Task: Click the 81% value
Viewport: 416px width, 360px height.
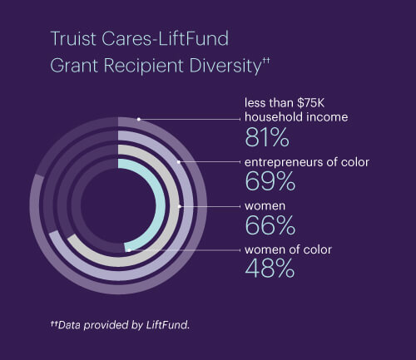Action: coord(267,138)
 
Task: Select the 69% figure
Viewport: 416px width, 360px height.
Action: coord(270,181)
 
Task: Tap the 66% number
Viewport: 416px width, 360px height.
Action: coord(270,225)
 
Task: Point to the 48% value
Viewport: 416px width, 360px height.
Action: coord(270,269)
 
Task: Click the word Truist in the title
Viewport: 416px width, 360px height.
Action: coord(74,38)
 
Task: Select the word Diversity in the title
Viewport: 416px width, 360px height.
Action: coord(225,66)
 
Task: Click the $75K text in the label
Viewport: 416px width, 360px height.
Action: coord(310,103)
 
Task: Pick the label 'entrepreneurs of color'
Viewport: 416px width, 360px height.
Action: coord(307,162)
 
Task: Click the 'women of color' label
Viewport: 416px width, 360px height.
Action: coord(288,249)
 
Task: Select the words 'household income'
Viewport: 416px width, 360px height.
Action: coord(296,117)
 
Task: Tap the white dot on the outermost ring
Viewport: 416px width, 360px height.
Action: coord(139,119)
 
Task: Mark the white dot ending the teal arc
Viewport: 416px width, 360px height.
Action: coord(129,250)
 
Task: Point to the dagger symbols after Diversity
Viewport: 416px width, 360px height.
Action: coord(265,61)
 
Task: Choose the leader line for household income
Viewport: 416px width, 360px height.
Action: coord(190,120)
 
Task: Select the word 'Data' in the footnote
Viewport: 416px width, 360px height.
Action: coord(69,325)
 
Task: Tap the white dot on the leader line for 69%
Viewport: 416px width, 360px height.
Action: coord(179,162)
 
